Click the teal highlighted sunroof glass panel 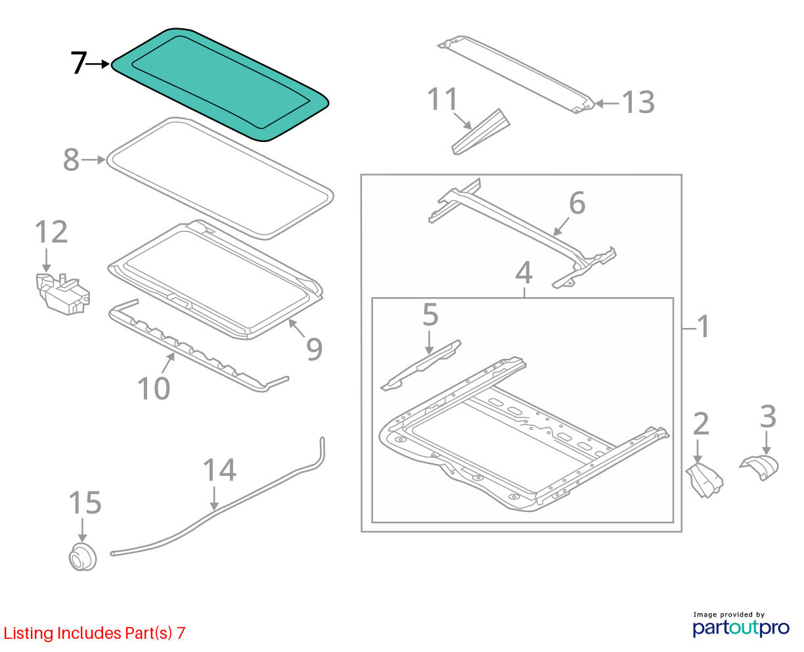[x=219, y=84]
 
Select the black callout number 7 [x=79, y=62]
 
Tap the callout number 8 [x=72, y=160]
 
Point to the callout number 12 [x=51, y=231]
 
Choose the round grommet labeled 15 [x=82, y=557]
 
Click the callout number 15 [x=85, y=502]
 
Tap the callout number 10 [x=154, y=388]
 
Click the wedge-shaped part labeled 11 [x=481, y=132]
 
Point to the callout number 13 [x=638, y=102]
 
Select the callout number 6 [x=577, y=203]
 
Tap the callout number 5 [x=430, y=314]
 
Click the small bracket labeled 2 [x=704, y=480]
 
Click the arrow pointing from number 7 [x=98, y=64]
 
